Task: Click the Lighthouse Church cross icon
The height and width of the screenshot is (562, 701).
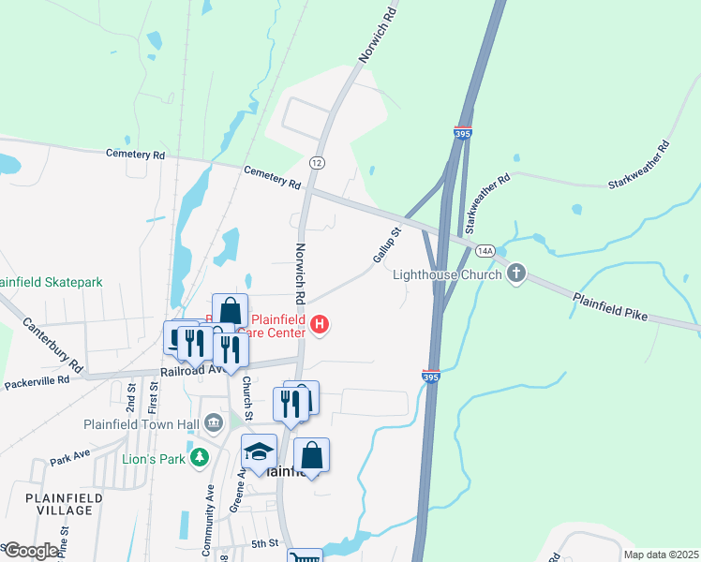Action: pos(515,274)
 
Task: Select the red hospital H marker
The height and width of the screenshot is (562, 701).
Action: pos(320,326)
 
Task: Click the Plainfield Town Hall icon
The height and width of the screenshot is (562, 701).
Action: pos(213,422)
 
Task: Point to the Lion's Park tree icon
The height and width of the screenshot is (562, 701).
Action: pos(198,457)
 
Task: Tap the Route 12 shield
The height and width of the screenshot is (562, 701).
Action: pos(318,163)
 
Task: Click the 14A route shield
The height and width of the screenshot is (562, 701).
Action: pos(485,251)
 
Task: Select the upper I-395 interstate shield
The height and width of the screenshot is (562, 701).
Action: pos(463,132)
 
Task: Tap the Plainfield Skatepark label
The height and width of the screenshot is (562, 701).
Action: pos(51,281)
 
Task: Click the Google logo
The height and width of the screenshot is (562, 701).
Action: pos(31,551)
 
